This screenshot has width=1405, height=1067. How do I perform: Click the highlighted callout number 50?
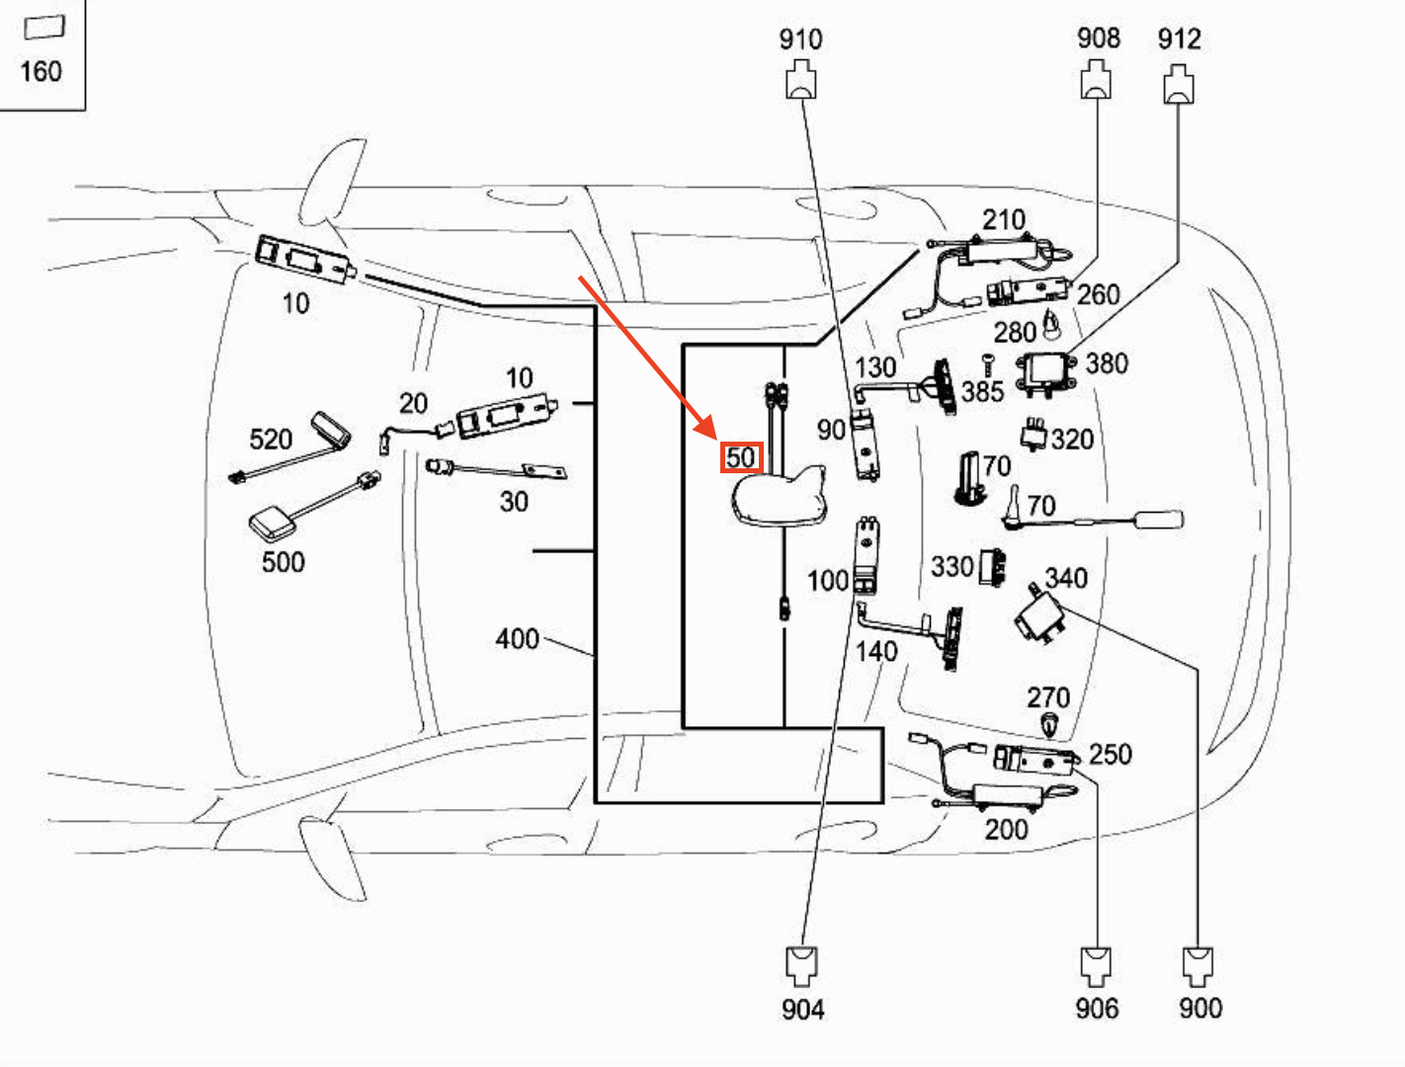741,457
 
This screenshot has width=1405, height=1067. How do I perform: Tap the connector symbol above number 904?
800,964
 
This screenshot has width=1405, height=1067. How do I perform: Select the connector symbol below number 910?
800,80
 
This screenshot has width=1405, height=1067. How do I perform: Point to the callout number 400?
517,639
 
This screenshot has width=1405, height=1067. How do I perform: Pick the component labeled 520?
330,430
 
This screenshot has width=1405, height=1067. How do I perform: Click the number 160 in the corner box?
41,71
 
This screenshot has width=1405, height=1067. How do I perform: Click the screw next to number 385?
987,365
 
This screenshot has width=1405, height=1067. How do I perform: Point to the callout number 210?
1003,219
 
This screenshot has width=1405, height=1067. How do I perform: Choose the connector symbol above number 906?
1096,965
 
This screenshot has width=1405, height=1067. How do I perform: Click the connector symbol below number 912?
1178,84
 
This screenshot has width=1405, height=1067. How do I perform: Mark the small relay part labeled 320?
1033,433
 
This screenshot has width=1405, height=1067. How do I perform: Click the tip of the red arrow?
713,436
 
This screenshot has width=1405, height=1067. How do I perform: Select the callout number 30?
513,502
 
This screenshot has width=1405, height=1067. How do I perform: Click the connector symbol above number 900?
1198,965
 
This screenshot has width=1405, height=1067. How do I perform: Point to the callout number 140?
875,652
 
